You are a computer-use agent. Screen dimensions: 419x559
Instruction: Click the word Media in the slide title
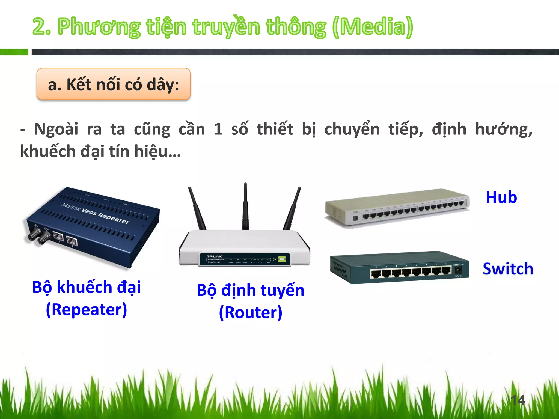point(373,27)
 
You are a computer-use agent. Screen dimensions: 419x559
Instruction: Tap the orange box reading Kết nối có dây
point(113,84)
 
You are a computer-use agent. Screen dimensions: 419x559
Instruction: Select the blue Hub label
point(501,197)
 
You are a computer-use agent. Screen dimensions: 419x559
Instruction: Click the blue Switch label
point(508,269)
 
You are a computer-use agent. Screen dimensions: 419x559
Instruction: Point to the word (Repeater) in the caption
point(86,310)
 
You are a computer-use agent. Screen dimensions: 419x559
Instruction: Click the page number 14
point(518,400)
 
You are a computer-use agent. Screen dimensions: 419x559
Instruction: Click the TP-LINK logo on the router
point(214,256)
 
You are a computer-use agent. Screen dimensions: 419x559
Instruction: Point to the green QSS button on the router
point(281,259)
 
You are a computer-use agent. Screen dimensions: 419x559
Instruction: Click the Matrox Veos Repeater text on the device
point(95,213)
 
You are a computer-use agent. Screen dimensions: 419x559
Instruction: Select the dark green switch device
point(399,267)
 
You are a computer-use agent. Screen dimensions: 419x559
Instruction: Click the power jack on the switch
point(458,270)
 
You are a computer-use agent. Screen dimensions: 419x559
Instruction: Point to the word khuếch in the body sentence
point(48,152)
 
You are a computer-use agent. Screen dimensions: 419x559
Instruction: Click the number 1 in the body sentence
point(218,129)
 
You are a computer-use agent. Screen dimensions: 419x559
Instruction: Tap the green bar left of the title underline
point(14,52)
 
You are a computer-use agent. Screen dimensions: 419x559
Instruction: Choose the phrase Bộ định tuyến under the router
point(250,290)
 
